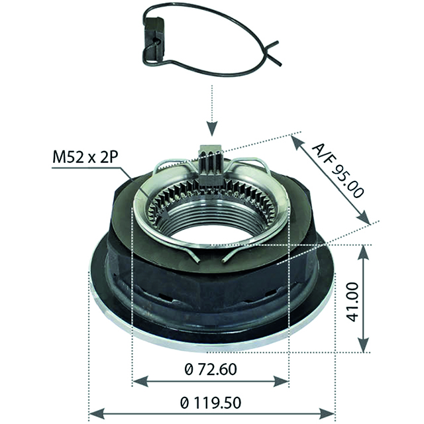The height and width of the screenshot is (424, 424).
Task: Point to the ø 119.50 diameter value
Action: tap(211, 401)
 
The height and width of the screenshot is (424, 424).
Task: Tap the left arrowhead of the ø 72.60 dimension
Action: tap(136, 381)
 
